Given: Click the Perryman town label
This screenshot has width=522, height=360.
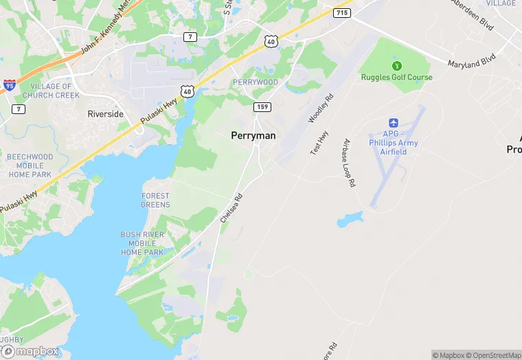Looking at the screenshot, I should pos(253,136).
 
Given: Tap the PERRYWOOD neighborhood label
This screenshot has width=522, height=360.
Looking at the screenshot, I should pos(256,82).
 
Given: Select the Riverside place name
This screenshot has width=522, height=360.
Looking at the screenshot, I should pos(106,114).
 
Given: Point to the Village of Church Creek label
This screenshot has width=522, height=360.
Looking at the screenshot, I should pos(47,91).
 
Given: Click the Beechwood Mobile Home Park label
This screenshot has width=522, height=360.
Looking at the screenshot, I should pos(30,166).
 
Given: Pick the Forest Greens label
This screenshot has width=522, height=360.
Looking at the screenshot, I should pos(155,200).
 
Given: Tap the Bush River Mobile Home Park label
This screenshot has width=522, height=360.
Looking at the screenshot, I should pos(142,243).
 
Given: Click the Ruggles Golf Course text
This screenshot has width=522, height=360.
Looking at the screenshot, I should pos(397,77).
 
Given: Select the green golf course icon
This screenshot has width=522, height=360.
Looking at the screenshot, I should pos(396,66).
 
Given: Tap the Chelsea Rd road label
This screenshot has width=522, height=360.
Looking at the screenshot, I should pos(231,206).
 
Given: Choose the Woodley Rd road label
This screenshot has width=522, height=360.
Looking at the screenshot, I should pos(320,109).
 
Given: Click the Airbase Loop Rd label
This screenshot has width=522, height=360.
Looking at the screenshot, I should pos(349,163).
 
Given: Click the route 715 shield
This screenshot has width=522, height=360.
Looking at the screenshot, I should pos(342,12).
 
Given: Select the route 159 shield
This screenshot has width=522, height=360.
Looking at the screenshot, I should pos(262,106).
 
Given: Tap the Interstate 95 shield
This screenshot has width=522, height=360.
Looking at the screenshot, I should pos(10,85).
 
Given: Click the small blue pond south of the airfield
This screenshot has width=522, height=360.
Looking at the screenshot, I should pos(350,220).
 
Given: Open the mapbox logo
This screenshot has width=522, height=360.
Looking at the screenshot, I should pos(30,350).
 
